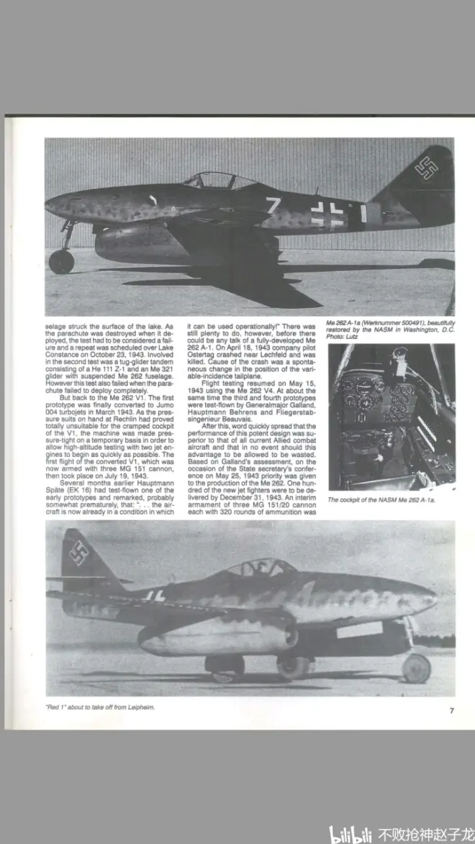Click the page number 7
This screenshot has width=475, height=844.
451,710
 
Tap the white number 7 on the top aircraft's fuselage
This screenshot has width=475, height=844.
273,207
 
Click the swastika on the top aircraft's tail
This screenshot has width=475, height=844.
426,168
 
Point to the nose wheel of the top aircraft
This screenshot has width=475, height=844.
61,261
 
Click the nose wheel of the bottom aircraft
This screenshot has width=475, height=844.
417,668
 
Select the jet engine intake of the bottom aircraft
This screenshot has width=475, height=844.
291,637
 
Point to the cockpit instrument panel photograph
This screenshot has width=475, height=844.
391,417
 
